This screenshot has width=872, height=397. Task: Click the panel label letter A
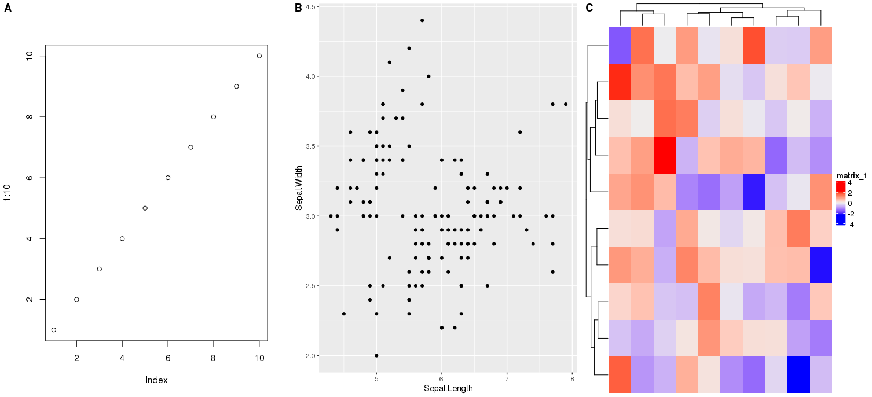(8, 8)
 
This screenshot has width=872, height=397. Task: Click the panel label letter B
(298, 8)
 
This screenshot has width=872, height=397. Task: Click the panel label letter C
(589, 8)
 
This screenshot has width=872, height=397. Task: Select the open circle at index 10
(259, 56)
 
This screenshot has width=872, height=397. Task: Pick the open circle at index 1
(54, 330)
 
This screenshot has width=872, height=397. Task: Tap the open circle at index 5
(145, 208)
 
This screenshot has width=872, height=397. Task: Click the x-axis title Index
(156, 380)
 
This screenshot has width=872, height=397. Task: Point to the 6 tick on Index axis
(168, 358)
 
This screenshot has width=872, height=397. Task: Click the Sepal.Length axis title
(448, 388)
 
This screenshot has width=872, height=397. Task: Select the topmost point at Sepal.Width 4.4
(422, 20)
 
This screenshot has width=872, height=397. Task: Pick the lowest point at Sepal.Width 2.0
(376, 355)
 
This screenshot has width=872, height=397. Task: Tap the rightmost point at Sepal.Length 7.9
(566, 104)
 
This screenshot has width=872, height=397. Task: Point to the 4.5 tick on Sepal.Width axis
(310, 6)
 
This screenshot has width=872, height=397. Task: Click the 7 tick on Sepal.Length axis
(507, 379)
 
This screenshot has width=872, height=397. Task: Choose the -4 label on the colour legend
(850, 224)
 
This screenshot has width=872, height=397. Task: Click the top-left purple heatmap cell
(620, 45)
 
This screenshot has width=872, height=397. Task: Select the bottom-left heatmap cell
(620, 374)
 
